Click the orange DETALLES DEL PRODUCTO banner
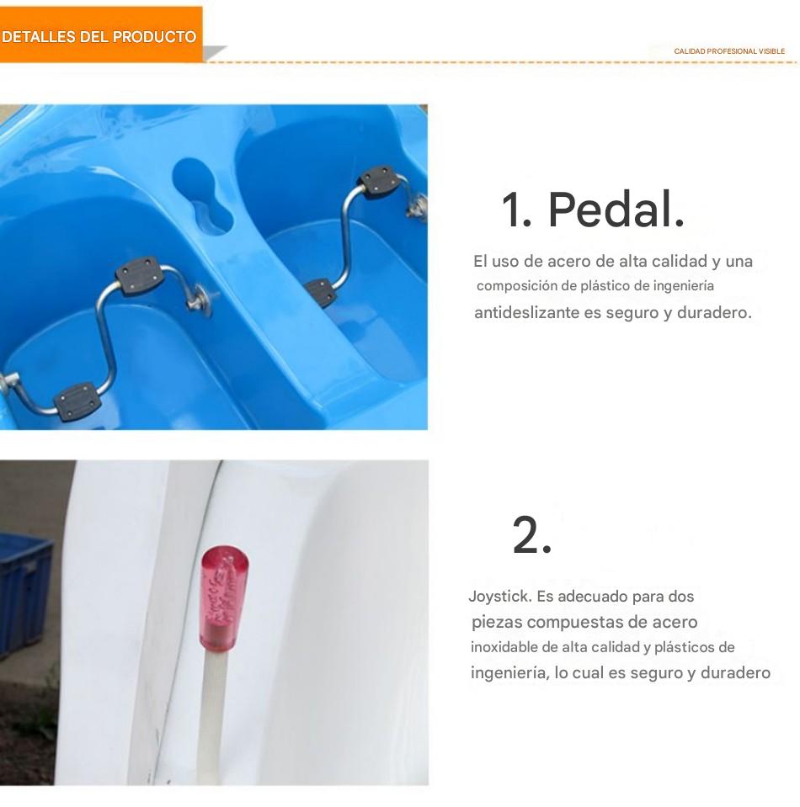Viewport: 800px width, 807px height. tap(101, 35)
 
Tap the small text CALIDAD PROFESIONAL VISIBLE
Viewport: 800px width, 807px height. tap(729, 51)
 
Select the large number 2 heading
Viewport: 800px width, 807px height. tap(531, 534)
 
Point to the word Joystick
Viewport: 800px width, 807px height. tap(499, 597)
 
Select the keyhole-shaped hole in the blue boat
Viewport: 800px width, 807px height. tap(201, 195)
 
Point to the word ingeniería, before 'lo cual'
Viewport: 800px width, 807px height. tap(509, 673)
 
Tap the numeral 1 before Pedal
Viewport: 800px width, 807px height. tap(515, 210)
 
